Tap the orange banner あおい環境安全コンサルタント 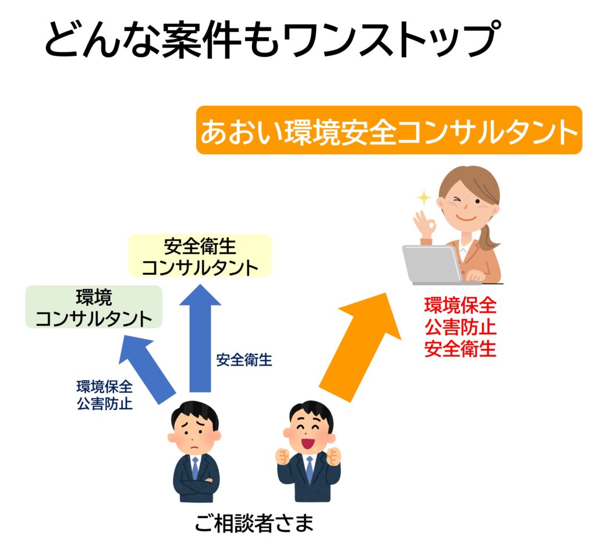click(x=389, y=130)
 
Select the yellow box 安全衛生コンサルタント click(x=200, y=256)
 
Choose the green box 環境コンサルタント click(x=94, y=307)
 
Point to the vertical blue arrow click(x=200, y=343)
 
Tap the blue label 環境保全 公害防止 click(x=105, y=395)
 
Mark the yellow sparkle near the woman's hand click(x=424, y=198)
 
